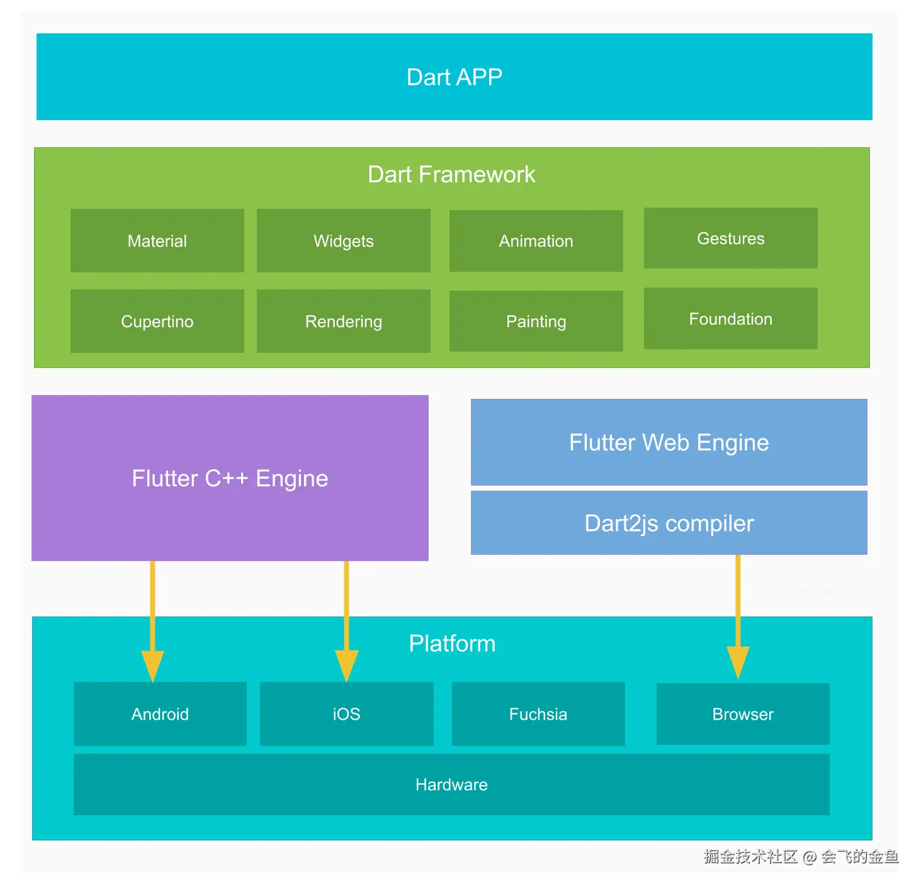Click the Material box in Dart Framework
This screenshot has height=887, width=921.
point(157,241)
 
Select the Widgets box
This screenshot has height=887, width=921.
point(344,241)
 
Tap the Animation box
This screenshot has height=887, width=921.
point(536,241)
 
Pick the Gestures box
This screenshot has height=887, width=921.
point(731,238)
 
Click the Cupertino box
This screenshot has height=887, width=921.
point(157,321)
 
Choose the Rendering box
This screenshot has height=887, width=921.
point(344,321)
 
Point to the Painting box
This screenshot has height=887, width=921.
point(536,321)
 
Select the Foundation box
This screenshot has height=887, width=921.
point(731,319)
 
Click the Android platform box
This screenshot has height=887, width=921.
point(160,714)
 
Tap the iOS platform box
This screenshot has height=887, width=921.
point(347,714)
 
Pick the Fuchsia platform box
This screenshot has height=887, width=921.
point(538,714)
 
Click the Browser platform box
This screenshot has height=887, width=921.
point(743,714)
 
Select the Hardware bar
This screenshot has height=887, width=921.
point(451,784)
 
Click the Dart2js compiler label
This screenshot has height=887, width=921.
point(669,523)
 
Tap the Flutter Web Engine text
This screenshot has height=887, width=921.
point(669,443)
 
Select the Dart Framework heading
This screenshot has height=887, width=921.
point(451,174)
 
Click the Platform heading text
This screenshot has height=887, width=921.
point(452,644)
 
